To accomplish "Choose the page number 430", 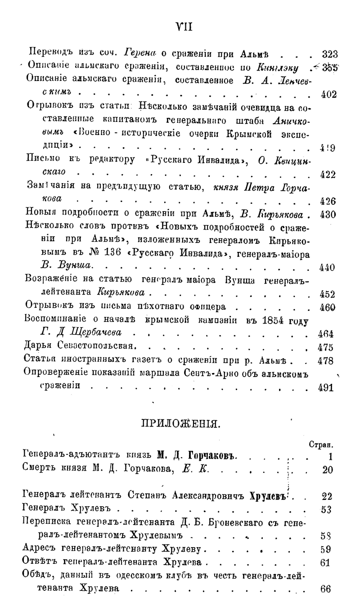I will (329, 215).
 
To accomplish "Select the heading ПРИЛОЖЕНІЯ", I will (180, 423).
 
